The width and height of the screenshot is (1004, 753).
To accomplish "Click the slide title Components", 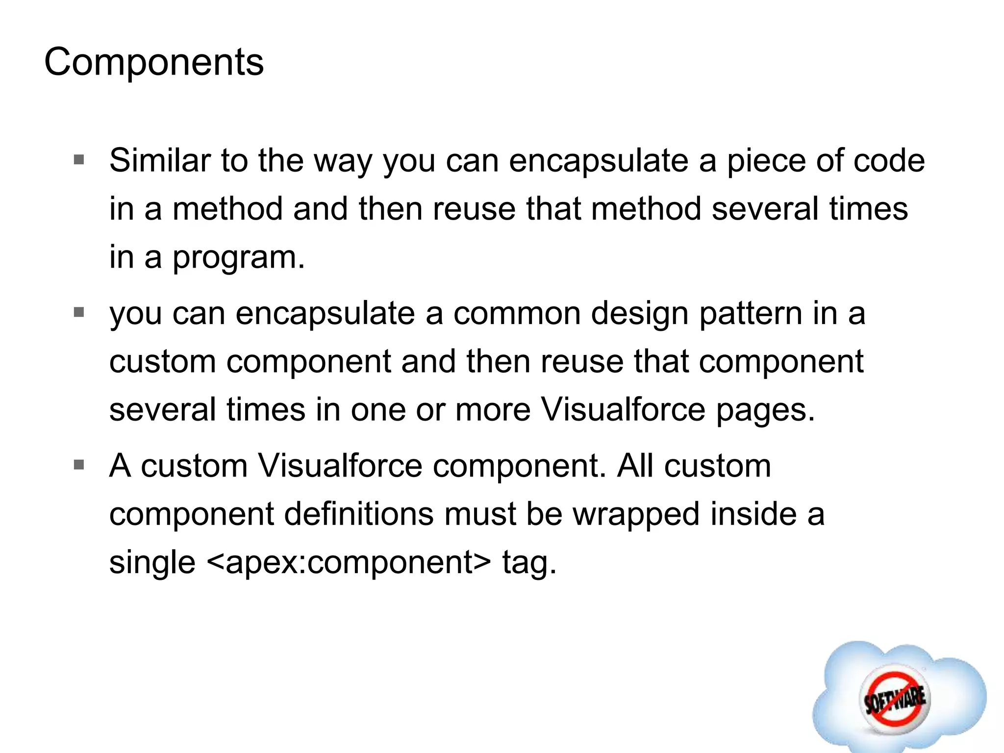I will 154,62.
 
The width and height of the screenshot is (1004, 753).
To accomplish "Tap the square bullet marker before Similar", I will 79,160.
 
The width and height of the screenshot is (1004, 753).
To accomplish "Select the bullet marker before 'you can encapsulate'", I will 79,312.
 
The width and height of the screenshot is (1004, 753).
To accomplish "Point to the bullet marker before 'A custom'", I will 79,464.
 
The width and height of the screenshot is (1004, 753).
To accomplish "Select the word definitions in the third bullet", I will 358,514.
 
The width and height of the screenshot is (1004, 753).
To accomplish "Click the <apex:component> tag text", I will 349,562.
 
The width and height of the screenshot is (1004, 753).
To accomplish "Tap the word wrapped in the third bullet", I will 636,514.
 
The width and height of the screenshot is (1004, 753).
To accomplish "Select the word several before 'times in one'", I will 162,410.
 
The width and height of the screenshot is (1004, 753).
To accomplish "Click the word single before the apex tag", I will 152,562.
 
